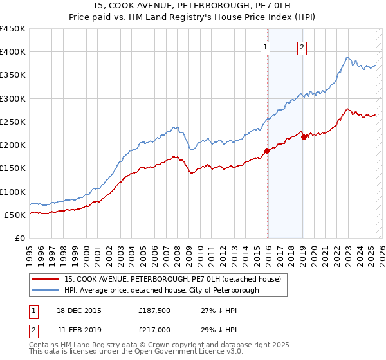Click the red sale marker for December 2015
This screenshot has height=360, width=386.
point(267,151)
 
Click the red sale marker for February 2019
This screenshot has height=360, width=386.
point(303,137)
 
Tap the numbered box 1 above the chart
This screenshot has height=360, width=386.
point(266,47)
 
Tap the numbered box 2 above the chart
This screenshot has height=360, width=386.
point(302,47)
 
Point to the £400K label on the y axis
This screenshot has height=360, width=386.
point(12,52)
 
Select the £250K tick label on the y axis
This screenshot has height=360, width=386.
point(12,122)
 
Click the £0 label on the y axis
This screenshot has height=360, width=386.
point(20,238)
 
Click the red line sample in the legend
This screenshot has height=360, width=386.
point(46,280)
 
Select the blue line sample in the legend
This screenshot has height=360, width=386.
point(46,291)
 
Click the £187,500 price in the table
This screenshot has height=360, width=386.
point(153,310)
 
